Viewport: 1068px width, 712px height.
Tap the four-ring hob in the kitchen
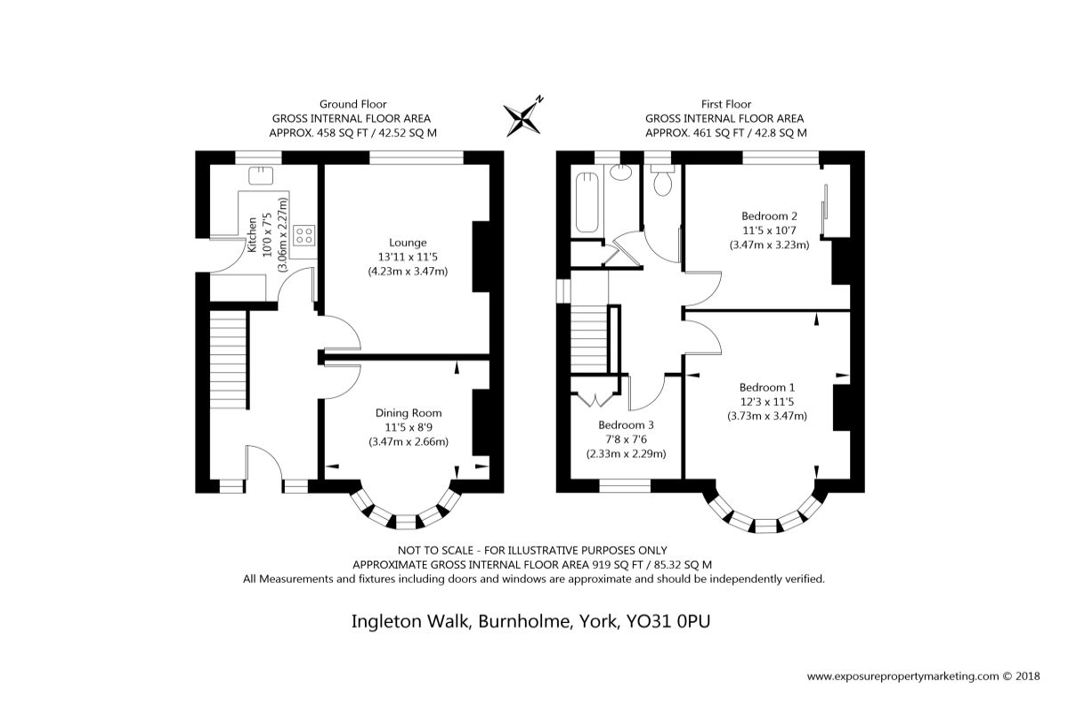303,236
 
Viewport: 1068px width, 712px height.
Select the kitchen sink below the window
261,175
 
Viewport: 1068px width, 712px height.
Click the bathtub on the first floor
587,203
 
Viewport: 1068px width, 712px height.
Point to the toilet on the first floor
663,181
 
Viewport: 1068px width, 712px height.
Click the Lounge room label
408,243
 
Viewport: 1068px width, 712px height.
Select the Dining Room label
409,413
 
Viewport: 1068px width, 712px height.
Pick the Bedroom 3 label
626,425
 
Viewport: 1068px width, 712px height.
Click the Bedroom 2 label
769,216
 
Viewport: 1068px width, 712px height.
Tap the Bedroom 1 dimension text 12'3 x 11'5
766,401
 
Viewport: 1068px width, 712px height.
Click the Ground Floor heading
352,104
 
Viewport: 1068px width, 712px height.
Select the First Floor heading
726,104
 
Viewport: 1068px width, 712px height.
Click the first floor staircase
589,339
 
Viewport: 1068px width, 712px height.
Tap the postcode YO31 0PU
668,621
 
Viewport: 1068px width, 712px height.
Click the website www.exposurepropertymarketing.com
903,676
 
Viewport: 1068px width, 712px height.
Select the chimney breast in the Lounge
481,256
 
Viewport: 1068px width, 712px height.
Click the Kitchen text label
252,235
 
